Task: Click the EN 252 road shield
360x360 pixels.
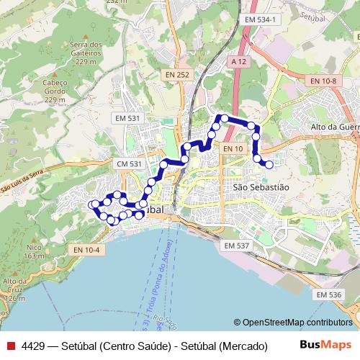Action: [x=177, y=74]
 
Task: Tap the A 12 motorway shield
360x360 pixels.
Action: [x=240, y=62]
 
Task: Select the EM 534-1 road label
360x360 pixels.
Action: [x=260, y=19]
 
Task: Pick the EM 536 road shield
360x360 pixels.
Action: [x=329, y=294]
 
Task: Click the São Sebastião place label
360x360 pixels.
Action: [x=261, y=186]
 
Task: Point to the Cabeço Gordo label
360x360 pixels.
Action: [x=55, y=86]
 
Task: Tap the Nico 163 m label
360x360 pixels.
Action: [x=34, y=252]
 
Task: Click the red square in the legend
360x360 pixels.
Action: [x=10, y=346]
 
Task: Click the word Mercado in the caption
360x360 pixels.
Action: [x=241, y=346]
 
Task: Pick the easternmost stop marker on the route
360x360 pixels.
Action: [x=269, y=165]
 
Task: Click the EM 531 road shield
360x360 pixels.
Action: [x=128, y=117]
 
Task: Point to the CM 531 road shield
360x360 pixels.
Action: [x=130, y=165]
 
